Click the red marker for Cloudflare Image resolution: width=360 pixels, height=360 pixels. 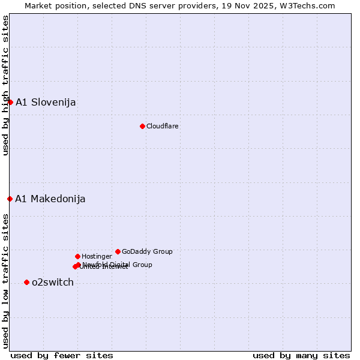[142, 126]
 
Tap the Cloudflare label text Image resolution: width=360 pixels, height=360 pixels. [163, 126]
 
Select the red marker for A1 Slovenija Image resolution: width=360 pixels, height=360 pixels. [10, 102]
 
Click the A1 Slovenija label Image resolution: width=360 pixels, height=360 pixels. [46, 103]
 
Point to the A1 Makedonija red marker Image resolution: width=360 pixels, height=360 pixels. [10, 199]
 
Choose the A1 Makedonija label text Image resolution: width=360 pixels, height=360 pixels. [50, 199]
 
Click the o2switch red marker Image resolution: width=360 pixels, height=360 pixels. [26, 282]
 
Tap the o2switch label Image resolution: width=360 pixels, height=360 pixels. [53, 283]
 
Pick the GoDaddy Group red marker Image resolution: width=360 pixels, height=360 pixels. [118, 251]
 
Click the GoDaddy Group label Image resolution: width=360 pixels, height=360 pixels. [147, 251]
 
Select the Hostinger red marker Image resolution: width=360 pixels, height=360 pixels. [77, 256]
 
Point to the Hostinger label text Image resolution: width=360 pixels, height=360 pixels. [97, 256]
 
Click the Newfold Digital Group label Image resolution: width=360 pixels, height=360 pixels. [118, 265]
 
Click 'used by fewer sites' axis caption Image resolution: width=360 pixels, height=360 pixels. [62, 355]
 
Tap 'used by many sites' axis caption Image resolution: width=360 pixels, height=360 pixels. [301, 355]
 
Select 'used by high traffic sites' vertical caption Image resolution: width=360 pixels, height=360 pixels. [5, 85]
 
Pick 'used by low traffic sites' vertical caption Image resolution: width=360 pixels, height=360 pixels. [5, 281]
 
